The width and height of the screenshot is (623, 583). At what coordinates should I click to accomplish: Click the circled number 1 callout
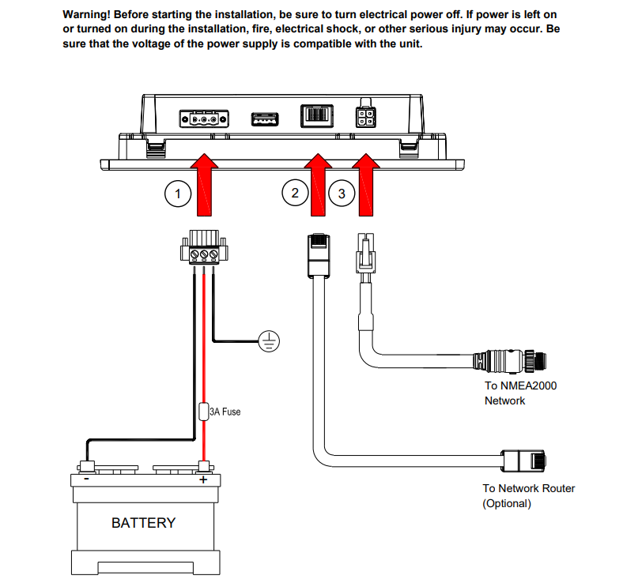point(179,193)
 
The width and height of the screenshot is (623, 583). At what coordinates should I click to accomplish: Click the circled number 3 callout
point(342,193)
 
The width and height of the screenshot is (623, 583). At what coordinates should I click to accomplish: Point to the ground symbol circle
point(270,340)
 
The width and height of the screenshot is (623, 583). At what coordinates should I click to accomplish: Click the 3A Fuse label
point(225,412)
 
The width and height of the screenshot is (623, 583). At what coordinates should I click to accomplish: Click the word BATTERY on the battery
point(143,523)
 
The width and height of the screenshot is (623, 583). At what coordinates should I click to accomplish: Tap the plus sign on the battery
point(203,480)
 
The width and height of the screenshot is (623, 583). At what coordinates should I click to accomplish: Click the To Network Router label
point(529,496)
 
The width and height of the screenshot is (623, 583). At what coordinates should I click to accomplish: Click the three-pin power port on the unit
point(205,119)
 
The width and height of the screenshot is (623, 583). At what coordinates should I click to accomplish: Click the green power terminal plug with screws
point(203,251)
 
